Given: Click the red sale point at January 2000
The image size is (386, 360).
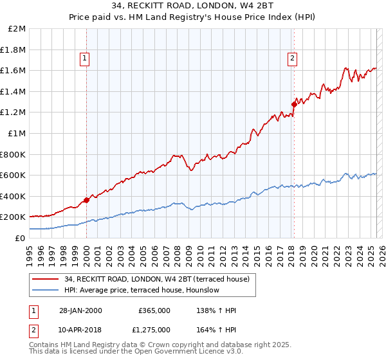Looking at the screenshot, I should point(86,200).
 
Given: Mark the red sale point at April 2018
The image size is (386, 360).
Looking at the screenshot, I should point(294,104).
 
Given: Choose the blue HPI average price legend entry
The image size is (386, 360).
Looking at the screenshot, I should point(142,290).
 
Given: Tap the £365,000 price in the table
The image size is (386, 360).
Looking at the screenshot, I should point(154,310).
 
